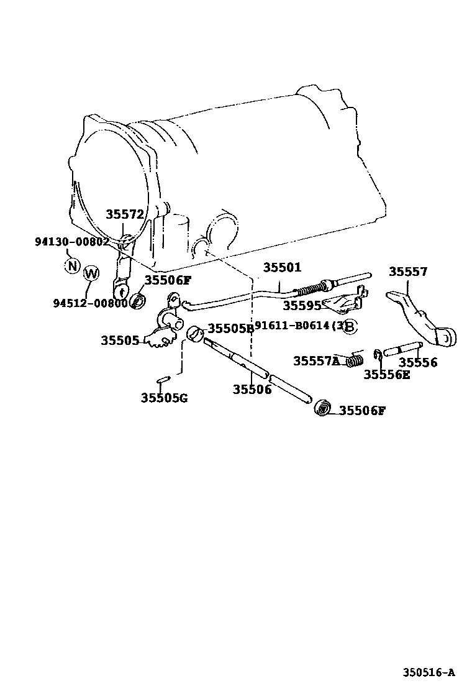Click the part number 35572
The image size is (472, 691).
point(124,214)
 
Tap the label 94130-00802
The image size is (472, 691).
point(72,242)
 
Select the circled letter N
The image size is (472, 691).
point(73,266)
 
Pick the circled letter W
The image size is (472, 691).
point(91,273)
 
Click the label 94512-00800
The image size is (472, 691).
point(89,303)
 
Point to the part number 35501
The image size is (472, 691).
point(281,268)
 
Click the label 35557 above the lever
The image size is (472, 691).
point(408,272)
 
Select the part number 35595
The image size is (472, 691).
point(302,305)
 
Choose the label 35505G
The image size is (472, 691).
point(163,398)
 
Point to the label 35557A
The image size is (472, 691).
point(317,361)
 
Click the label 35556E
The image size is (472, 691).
point(386,374)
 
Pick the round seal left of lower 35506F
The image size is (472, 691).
point(324,408)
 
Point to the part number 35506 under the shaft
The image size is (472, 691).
point(252,390)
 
